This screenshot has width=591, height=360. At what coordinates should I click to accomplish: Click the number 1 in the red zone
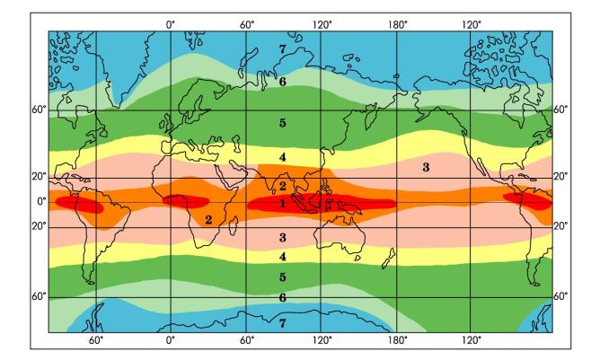pos(282,204)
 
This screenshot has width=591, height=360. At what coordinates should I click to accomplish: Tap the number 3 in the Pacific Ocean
pos(426,167)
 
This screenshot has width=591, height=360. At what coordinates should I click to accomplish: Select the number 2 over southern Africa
pos(208,218)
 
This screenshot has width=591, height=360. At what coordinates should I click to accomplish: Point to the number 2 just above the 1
pos(282,186)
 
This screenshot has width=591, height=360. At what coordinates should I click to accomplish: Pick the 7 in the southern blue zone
pos(283,321)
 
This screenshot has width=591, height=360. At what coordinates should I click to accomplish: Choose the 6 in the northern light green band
pos(282,82)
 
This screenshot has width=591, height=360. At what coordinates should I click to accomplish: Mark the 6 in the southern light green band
pos(282,297)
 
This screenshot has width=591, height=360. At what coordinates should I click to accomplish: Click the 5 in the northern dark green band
pos(282,122)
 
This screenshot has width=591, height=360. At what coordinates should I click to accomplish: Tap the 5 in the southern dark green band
pos(282,278)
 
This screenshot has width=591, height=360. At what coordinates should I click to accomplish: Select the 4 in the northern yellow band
pos(282,158)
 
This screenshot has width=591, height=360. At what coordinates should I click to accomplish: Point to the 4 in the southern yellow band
pos(282,257)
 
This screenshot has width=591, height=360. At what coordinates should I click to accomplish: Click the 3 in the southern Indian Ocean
pos(282,238)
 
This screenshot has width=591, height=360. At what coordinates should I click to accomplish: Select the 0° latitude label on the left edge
pos(40,202)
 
